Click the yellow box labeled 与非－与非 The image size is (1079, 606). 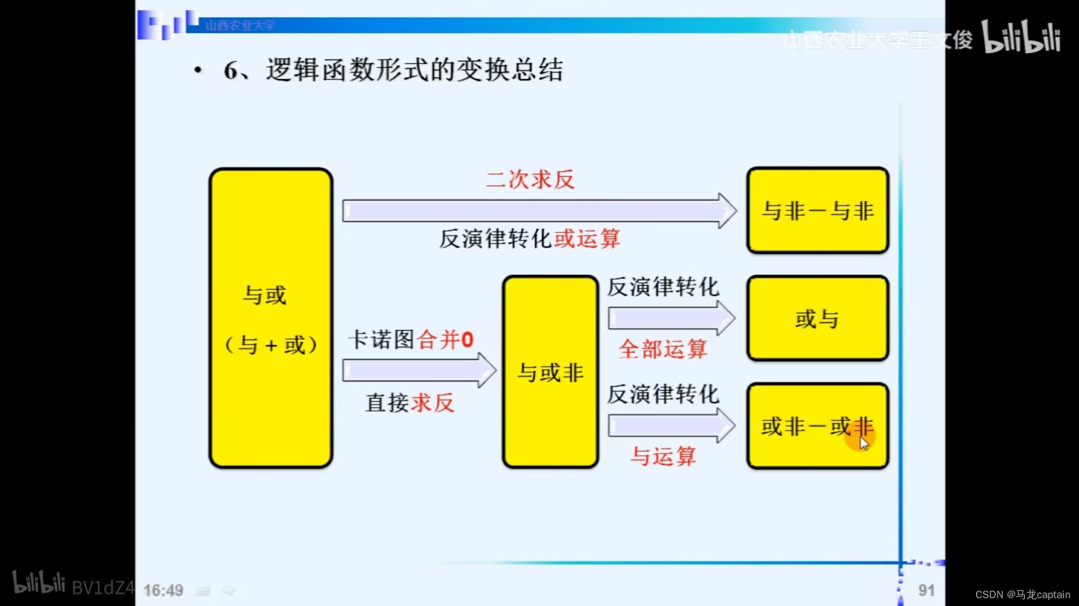[817, 211]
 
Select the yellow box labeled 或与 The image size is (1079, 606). [817, 318]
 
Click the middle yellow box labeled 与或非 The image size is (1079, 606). [550, 372]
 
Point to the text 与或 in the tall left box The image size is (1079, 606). [264, 295]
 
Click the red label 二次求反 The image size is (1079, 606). [530, 180]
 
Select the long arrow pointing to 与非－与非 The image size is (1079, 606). [538, 211]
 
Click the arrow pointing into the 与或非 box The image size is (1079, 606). [419, 371]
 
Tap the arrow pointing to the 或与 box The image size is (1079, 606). [671, 318]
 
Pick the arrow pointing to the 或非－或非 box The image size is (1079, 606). [671, 426]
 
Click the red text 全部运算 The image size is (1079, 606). [663, 349]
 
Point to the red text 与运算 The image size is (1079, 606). [663, 456]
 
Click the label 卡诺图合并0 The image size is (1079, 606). [411, 340]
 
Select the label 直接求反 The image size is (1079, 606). [410, 403]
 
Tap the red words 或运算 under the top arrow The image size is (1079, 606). [587, 239]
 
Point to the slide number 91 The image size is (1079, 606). [926, 590]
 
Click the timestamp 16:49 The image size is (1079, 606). [163, 590]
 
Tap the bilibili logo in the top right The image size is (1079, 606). [1021, 37]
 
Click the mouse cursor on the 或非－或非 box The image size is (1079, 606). [864, 444]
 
